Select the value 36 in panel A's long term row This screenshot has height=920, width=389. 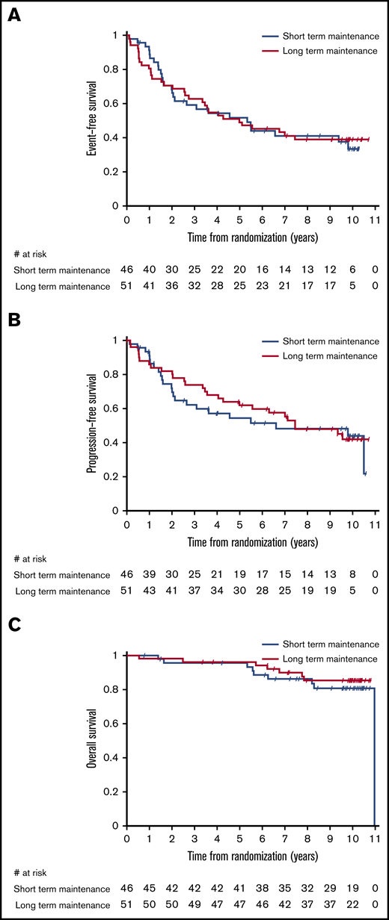click(x=172, y=285)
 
